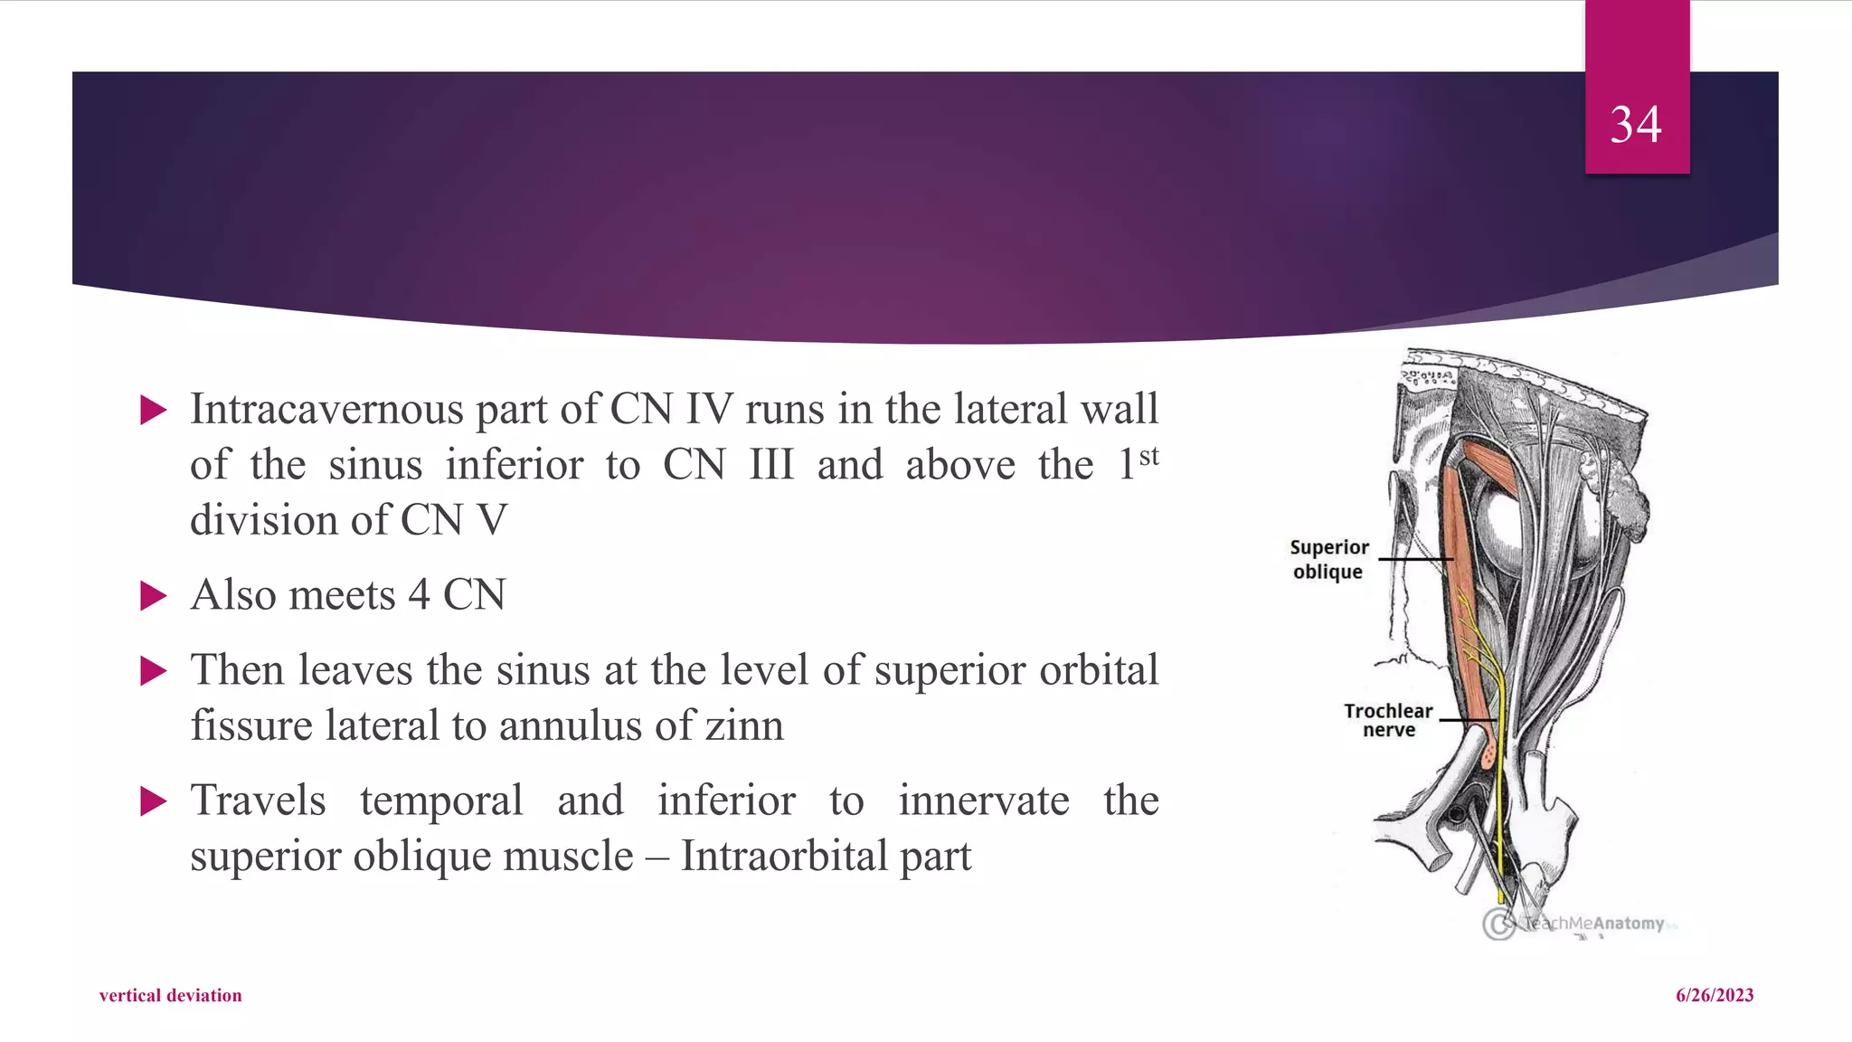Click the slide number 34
point(1635,125)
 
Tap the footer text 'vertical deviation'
point(170,995)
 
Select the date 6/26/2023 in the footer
point(1714,995)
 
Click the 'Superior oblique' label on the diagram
point(1328,559)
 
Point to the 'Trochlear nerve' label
point(1388,720)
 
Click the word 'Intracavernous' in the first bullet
point(326,410)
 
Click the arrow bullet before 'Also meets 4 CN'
point(154,596)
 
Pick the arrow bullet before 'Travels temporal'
point(154,801)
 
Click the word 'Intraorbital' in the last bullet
point(783,857)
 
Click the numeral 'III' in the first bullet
point(771,466)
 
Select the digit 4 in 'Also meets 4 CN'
point(419,596)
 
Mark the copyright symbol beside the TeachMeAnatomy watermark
point(1498,924)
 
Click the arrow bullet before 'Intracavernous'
point(154,411)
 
